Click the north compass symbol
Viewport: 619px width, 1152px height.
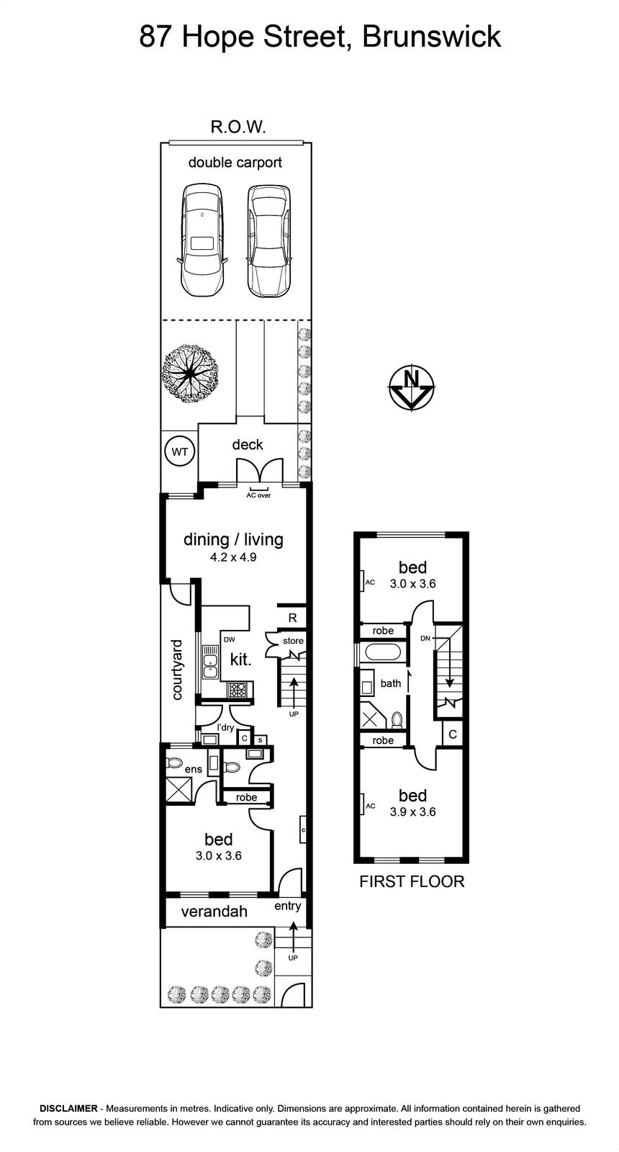tap(411, 386)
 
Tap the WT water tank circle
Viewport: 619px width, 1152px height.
tap(179, 452)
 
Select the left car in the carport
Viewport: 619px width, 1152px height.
tap(202, 240)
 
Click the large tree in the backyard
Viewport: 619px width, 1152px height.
tap(190, 370)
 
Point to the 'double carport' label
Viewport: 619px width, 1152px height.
tap(235, 163)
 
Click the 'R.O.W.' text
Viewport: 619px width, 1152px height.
tap(238, 127)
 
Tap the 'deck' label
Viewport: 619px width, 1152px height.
tap(248, 444)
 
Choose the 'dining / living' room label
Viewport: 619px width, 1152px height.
tap(233, 539)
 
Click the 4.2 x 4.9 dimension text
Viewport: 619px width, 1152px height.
tap(233, 557)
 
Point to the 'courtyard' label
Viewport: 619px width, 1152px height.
tap(177, 669)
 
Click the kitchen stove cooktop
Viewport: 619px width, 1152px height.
tap(238, 689)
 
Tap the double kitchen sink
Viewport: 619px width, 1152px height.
tap(209, 663)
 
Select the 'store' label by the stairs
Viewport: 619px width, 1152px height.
tap(293, 641)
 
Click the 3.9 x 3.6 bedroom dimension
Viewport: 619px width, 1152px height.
tap(412, 811)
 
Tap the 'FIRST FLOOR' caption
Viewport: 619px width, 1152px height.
tap(412, 881)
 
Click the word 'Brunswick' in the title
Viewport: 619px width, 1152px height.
tap(431, 37)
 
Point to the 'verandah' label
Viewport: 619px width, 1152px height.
tap(214, 912)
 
